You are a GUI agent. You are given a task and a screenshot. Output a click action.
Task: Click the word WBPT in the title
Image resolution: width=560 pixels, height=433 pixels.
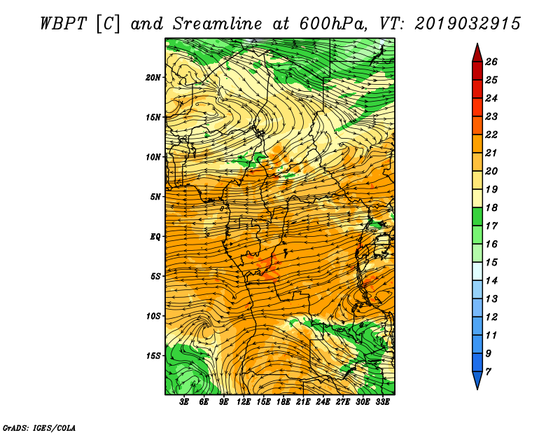(63, 24)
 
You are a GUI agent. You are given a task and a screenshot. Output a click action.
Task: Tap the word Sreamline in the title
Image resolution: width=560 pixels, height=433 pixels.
(218, 24)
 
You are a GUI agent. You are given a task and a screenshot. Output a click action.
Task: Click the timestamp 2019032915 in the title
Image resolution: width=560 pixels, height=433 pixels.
(468, 24)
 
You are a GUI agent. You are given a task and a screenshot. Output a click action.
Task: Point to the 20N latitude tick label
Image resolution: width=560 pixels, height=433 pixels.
(153, 77)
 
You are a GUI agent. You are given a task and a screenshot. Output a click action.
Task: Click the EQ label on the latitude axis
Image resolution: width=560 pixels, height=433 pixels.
(155, 237)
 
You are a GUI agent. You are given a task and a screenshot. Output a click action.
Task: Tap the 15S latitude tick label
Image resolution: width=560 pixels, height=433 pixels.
(153, 356)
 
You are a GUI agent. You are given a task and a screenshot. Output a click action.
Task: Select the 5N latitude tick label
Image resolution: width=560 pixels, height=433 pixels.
(155, 197)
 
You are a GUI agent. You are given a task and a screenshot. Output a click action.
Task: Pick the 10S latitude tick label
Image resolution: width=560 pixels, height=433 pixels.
(153, 316)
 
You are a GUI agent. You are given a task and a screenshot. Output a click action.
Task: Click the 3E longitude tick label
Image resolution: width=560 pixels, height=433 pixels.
(184, 402)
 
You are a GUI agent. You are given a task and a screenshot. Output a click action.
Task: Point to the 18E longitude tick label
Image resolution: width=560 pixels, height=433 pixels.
(283, 402)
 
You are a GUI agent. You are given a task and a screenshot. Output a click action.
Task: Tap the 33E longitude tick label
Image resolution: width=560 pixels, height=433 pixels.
(382, 402)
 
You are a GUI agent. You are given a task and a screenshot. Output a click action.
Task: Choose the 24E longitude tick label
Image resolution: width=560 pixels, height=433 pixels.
(323, 402)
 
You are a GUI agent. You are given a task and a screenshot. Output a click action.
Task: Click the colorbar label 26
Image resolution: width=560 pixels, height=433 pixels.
(491, 62)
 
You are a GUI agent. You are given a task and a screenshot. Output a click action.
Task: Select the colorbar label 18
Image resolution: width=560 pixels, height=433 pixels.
(491, 207)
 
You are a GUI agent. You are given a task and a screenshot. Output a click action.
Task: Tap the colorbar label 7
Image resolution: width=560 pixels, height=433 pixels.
(489, 372)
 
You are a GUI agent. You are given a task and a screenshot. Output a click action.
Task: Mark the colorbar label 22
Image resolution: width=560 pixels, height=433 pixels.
(491, 135)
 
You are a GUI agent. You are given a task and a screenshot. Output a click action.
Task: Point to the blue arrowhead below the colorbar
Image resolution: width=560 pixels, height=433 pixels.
(477, 380)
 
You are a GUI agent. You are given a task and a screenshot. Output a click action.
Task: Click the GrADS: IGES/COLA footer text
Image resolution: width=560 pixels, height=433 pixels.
(39, 427)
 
